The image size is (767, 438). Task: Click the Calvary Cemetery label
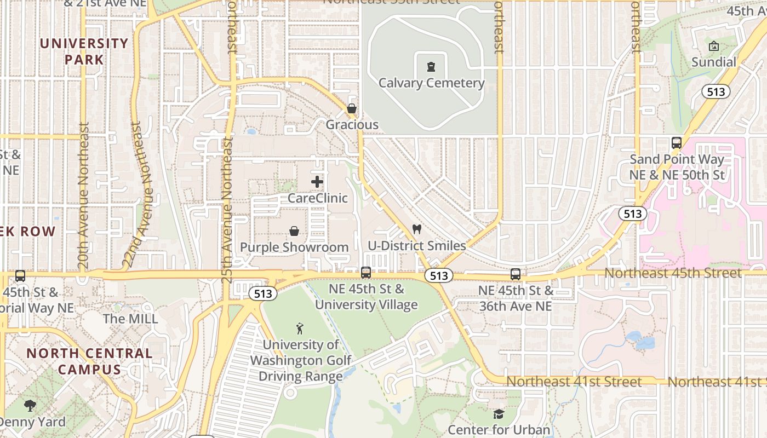[x=432, y=83]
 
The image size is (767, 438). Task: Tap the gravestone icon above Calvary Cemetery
[x=432, y=67]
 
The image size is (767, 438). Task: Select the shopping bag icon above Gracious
[x=352, y=109]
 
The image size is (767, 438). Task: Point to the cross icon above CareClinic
[x=317, y=182]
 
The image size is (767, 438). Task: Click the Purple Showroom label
[x=294, y=247]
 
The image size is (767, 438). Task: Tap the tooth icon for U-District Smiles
[x=416, y=229]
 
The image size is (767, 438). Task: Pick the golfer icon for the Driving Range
[x=300, y=328]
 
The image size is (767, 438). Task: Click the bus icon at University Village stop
[x=366, y=272]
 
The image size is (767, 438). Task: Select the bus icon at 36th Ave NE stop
[x=516, y=274]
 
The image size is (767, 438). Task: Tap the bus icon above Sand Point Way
[x=677, y=143]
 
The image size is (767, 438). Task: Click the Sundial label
[x=713, y=62]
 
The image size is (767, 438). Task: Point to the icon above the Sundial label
[x=713, y=47]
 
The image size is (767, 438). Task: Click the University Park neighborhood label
[x=84, y=51]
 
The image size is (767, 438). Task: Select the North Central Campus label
[x=89, y=361]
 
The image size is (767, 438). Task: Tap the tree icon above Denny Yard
[x=30, y=406]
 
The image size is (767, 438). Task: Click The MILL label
[x=130, y=319]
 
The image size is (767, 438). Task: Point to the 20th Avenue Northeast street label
[x=83, y=195]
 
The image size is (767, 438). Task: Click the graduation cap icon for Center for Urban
[x=499, y=414]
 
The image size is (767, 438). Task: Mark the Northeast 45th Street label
[x=673, y=273]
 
